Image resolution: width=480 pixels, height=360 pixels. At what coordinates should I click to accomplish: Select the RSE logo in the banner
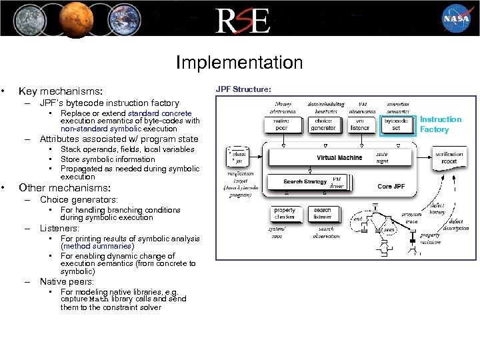tap(241, 21)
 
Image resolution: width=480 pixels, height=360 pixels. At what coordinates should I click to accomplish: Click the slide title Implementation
tap(239, 63)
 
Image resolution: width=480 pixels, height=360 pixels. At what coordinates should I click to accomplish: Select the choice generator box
tap(323, 124)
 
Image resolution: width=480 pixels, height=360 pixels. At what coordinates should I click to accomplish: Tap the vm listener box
tap(360, 124)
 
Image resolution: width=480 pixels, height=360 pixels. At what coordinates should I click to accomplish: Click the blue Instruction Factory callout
tap(440, 124)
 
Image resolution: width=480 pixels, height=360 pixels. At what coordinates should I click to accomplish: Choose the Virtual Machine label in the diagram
tap(339, 158)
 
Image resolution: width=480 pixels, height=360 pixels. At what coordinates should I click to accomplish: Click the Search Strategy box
tap(305, 181)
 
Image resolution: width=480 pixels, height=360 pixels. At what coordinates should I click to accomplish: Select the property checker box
tap(285, 214)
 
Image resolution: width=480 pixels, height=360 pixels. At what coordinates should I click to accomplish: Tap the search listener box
tap(322, 214)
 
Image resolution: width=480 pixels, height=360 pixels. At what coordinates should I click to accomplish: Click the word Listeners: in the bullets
tap(59, 228)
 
